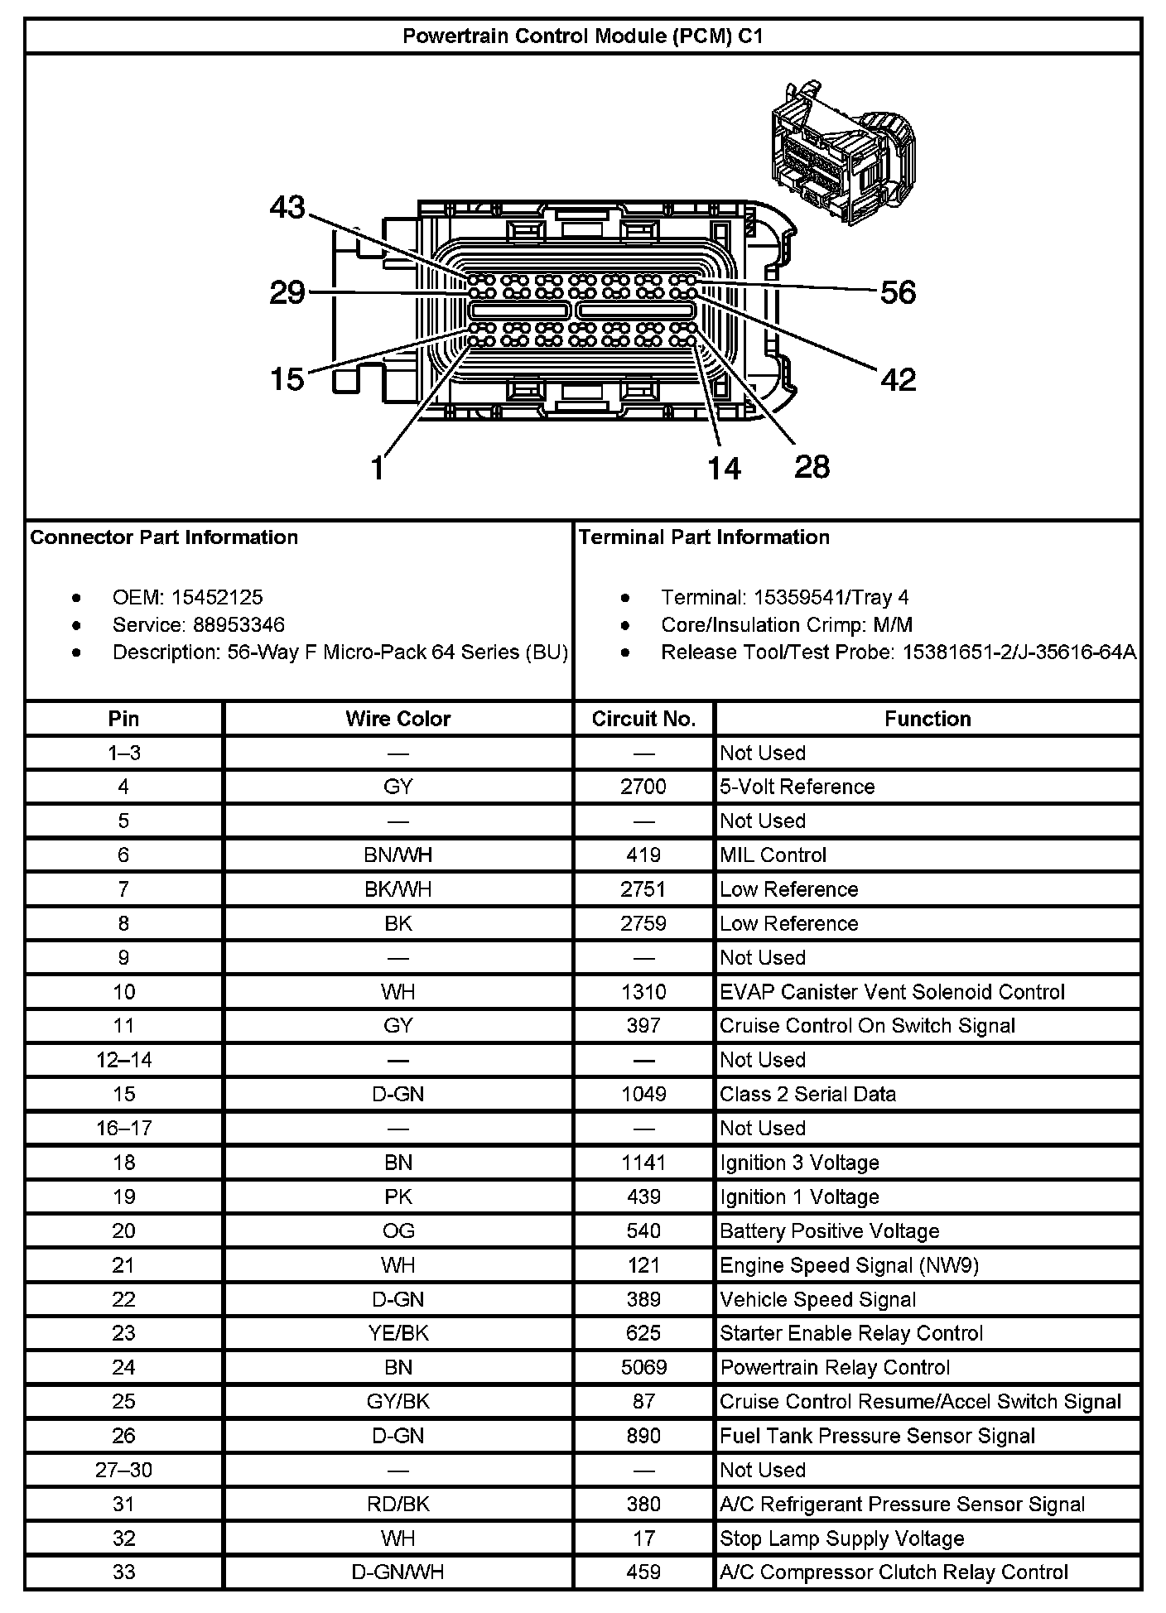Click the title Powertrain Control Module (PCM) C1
tap(582, 36)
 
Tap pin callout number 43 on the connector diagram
tap(287, 207)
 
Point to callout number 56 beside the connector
tap(898, 292)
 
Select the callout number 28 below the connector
tap(812, 467)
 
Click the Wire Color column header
tap(397, 719)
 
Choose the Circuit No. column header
tap(643, 719)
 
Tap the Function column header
tap(927, 719)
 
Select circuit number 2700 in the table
tap(643, 787)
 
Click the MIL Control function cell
tap(773, 855)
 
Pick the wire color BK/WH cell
tap(397, 889)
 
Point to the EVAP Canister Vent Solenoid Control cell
tap(892, 992)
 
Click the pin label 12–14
tap(123, 1060)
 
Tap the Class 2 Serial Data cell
tap(807, 1094)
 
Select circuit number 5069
tap(643, 1367)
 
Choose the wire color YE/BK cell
tap(397, 1333)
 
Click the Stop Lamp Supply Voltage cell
tap(841, 1538)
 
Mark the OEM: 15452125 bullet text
tap(187, 597)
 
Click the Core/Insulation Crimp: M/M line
tap(787, 624)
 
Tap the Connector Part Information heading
tap(164, 537)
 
